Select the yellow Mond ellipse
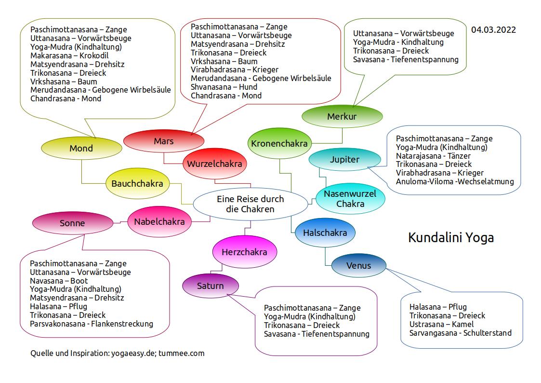tap(81, 148)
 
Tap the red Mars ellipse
tap(164, 141)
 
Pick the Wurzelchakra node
tap(214, 164)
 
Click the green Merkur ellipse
tap(342, 117)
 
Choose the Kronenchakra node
tap(280, 143)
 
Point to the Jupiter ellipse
tap(344, 160)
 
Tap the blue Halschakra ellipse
tap(325, 233)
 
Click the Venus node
tap(358, 266)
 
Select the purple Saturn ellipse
tap(210, 286)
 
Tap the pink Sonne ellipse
tap(72, 223)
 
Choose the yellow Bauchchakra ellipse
tap(137, 184)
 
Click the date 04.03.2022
tap(493, 30)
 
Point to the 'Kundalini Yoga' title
tap(451, 237)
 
